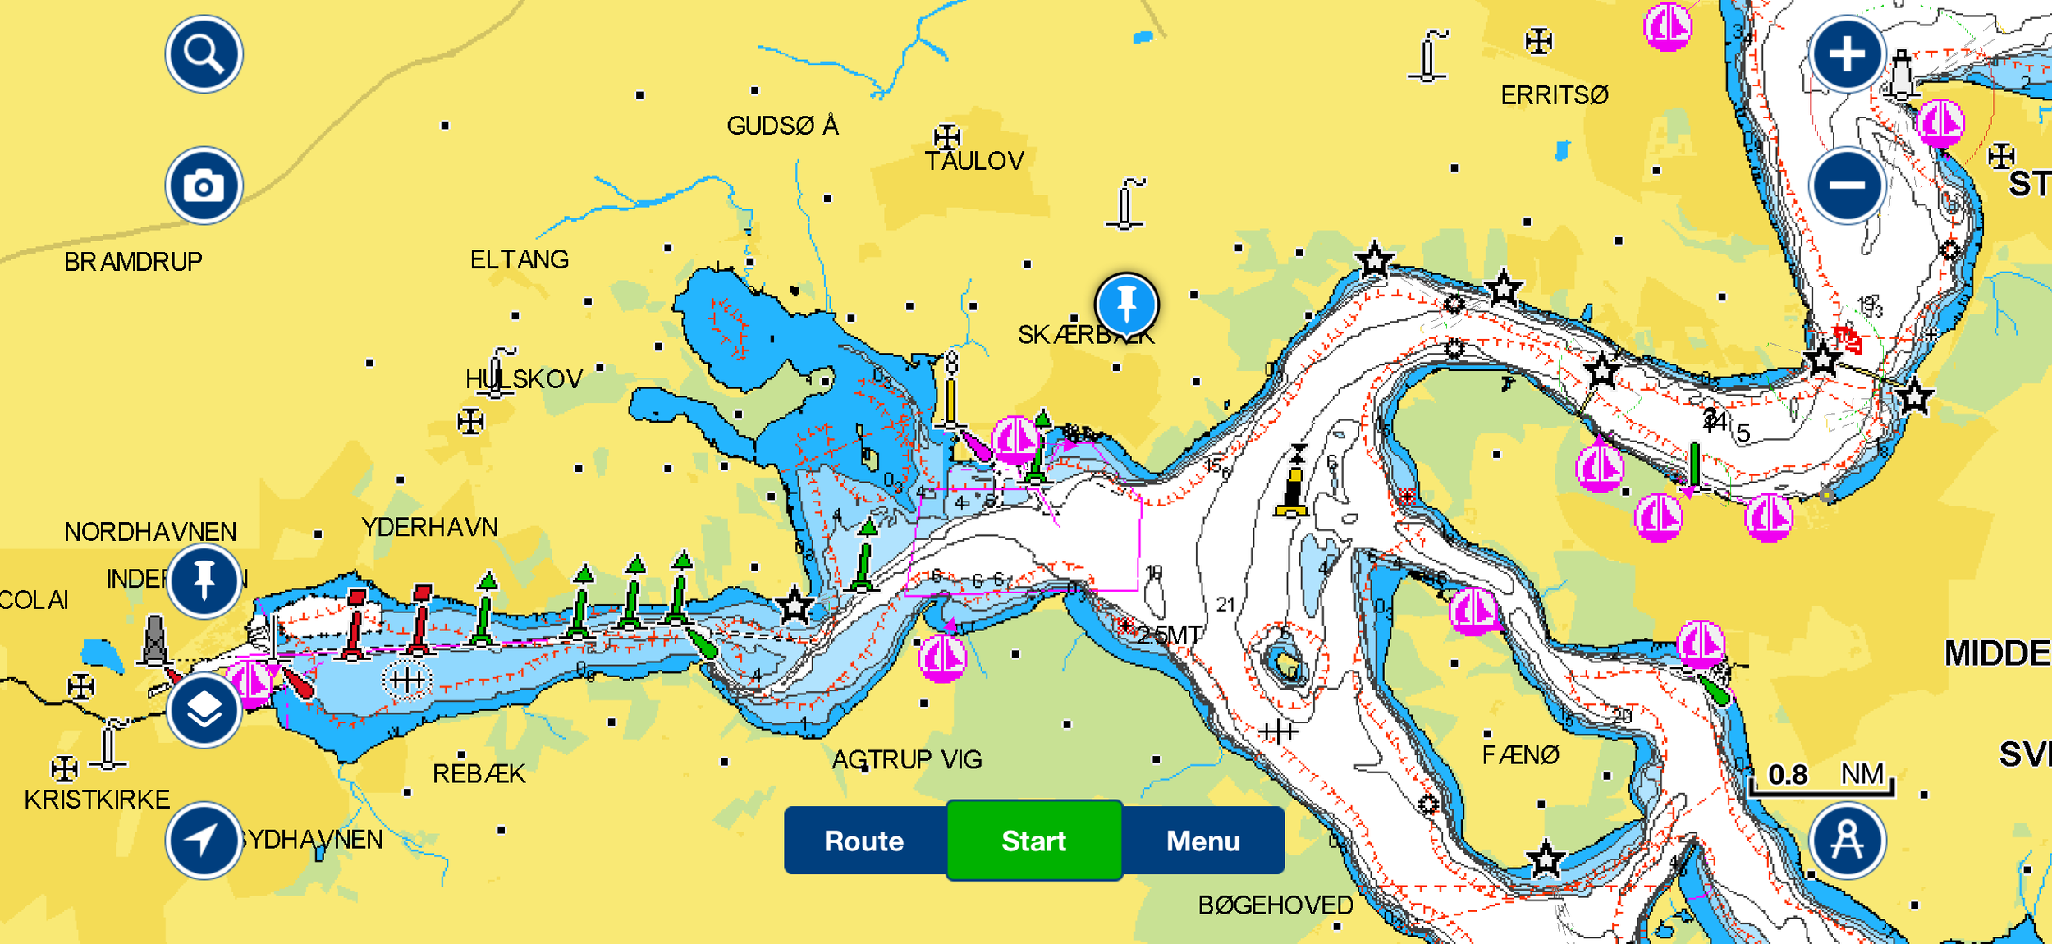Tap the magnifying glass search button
pyautogui.click(x=204, y=54)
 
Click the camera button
pyautogui.click(x=204, y=186)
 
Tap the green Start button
pyautogui.click(x=1033, y=841)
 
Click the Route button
pyautogui.click(x=864, y=841)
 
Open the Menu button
pyautogui.click(x=1202, y=841)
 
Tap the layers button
pyautogui.click(x=204, y=711)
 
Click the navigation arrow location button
pyautogui.click(x=203, y=841)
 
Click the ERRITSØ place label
pyautogui.click(x=1554, y=95)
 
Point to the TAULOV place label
pyautogui.click(x=974, y=161)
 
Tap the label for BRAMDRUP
pyautogui.click(x=133, y=262)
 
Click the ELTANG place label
pyautogui.click(x=519, y=260)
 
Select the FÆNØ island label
pyautogui.click(x=1520, y=754)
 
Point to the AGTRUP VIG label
pyautogui.click(x=907, y=759)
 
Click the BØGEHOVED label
pyautogui.click(x=1275, y=905)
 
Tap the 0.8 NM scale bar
pyautogui.click(x=1821, y=778)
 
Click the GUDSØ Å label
pyautogui.click(x=782, y=126)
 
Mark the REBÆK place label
pyautogui.click(x=479, y=773)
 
